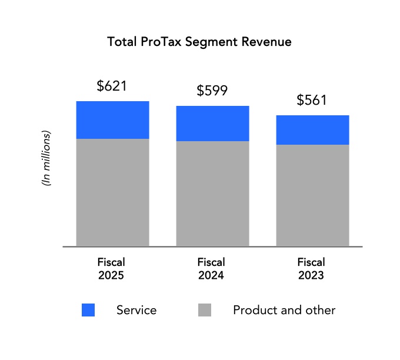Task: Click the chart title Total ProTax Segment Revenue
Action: click(199, 43)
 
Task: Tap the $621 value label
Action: click(112, 86)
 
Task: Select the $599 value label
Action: click(212, 91)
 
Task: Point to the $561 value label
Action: click(312, 100)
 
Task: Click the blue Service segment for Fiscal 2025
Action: click(112, 120)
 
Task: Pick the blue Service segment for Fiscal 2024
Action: click(212, 124)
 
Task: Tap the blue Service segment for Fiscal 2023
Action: click(312, 130)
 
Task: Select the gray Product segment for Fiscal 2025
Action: click(112, 192)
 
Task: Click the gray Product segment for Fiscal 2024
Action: click(212, 194)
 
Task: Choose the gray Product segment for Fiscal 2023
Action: click(312, 195)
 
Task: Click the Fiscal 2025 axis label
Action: click(111, 268)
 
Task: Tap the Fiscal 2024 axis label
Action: click(211, 268)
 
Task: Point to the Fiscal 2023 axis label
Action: click(311, 268)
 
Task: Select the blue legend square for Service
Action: click(88, 310)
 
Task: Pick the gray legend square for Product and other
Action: click(205, 310)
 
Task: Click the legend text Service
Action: click(136, 310)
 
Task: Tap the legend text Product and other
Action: click(284, 310)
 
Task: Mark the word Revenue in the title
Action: click(267, 43)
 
